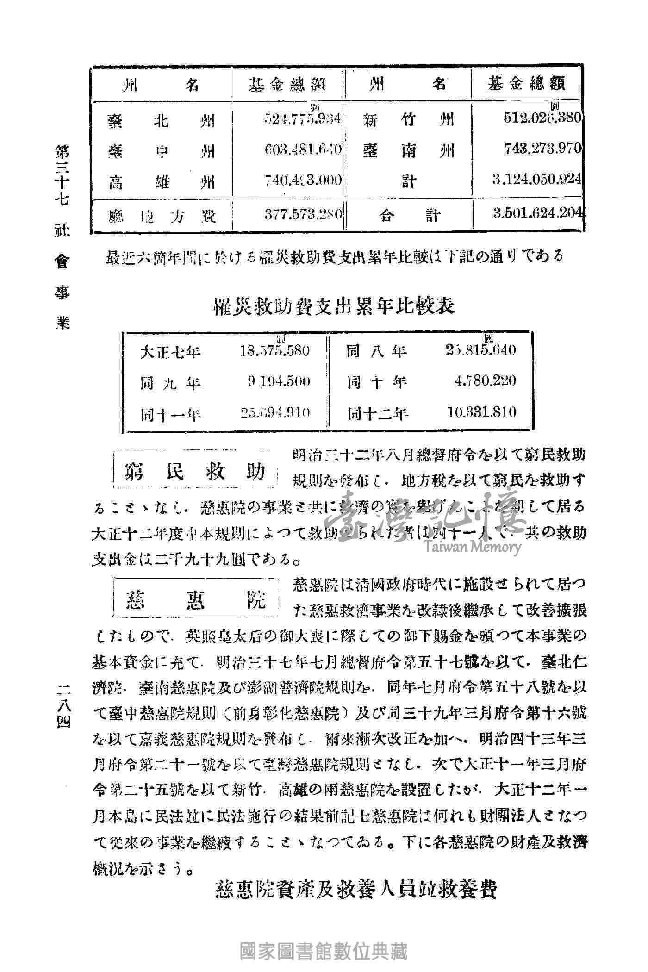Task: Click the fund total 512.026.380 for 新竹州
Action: point(542,118)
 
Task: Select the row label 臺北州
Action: point(162,121)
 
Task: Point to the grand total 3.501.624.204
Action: point(537,213)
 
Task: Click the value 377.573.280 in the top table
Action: point(303,214)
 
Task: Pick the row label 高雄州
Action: point(162,182)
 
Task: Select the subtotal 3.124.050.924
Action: point(537,179)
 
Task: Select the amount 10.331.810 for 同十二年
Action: point(481,411)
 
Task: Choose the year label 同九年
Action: point(170,383)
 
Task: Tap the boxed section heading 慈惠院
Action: point(195,601)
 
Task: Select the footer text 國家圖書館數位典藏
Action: point(324,952)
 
